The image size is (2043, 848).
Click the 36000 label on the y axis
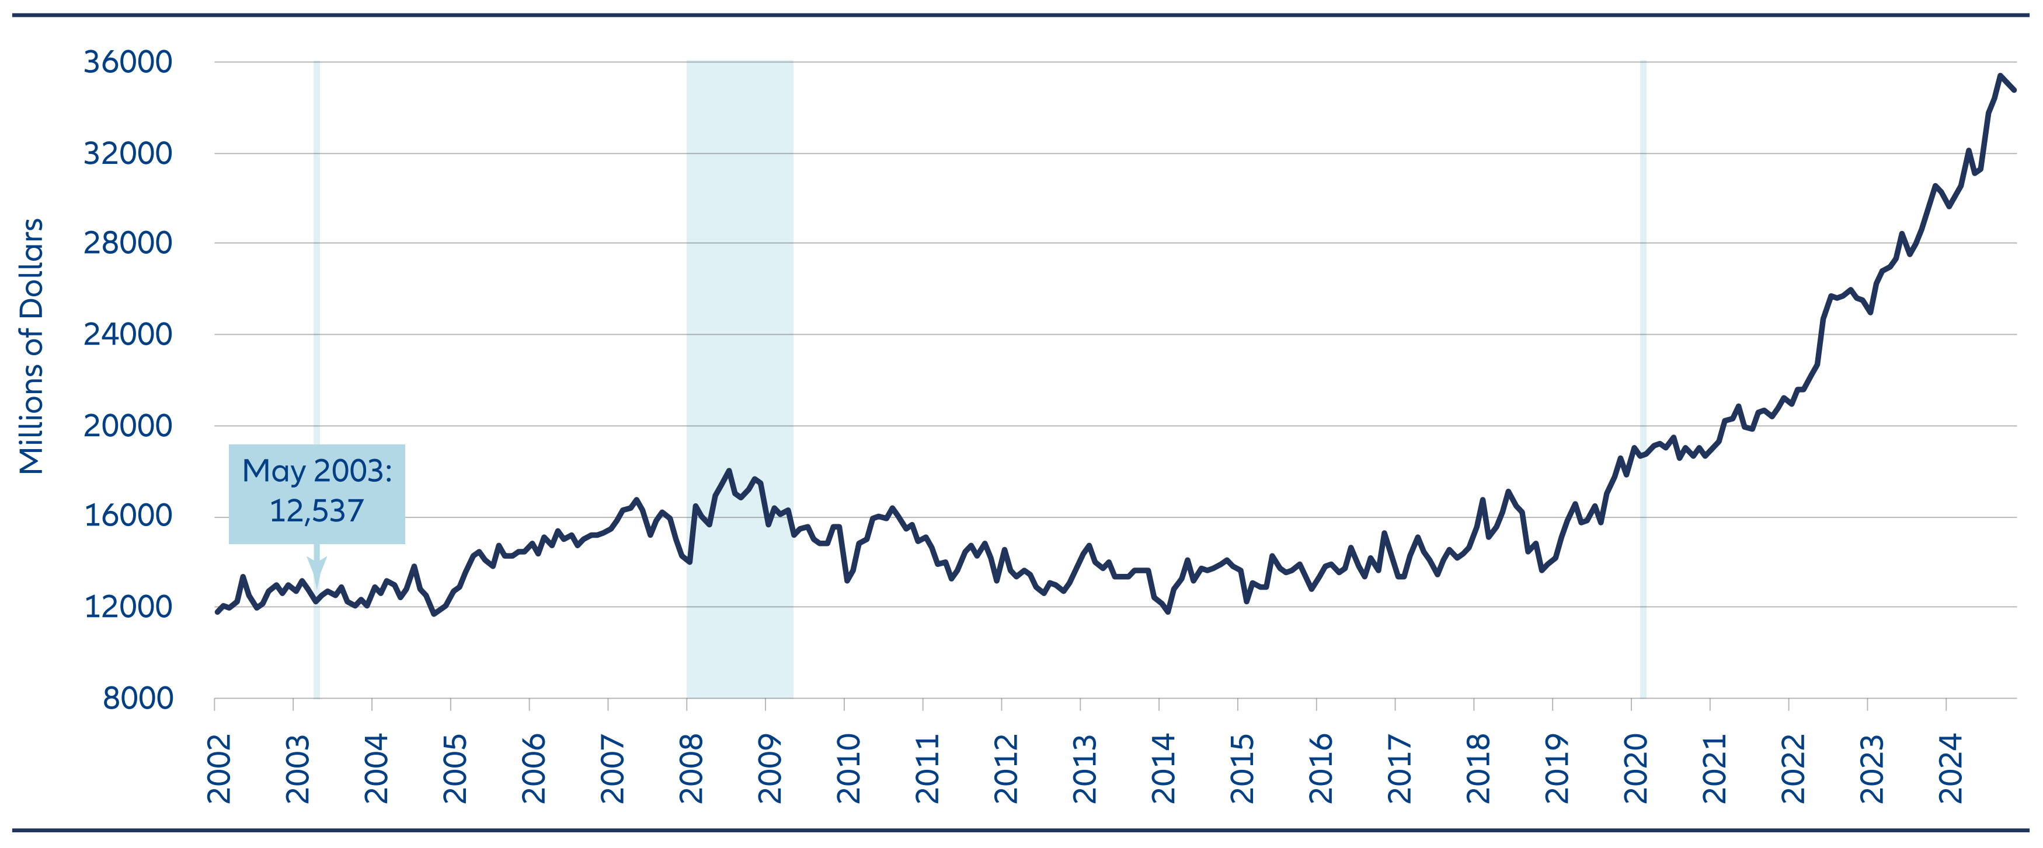point(128,62)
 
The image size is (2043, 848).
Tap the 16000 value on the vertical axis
point(128,517)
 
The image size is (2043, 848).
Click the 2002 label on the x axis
point(219,768)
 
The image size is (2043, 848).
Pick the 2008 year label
point(691,768)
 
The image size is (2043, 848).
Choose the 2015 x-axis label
point(1242,768)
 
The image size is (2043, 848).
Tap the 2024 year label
point(1950,768)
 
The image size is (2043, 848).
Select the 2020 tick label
point(1635,768)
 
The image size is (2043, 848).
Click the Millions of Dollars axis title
point(32,346)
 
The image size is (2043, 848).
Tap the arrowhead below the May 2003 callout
point(316,570)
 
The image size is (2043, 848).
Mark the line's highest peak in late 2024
point(2000,76)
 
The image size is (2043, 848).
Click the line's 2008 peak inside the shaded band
point(729,471)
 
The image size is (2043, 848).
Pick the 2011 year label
point(927,768)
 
